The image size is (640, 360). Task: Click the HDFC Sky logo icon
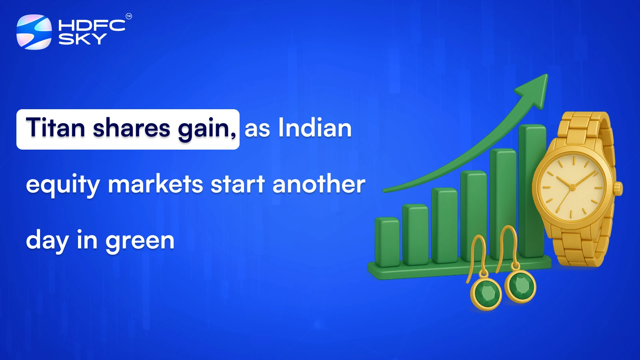[34, 32]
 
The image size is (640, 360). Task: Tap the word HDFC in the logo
[92, 26]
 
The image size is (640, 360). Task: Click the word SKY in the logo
[82, 39]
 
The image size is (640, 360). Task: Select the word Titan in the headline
[56, 128]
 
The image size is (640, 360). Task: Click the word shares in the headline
[132, 128]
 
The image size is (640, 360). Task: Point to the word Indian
[315, 128]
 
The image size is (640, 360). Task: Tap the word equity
[62, 185]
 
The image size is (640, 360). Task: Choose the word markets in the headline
[156, 184]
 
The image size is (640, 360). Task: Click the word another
[318, 184]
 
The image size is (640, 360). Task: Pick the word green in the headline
[140, 241]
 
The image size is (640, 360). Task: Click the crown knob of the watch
[618, 188]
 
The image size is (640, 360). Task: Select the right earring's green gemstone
[521, 286]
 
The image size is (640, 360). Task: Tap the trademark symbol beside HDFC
[129, 16]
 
